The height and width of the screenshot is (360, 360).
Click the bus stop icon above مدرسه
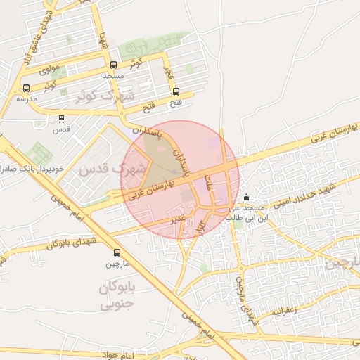click(x=27, y=88)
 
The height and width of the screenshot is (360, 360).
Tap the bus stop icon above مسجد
click(x=114, y=64)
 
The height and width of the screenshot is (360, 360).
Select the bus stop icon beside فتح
click(x=176, y=91)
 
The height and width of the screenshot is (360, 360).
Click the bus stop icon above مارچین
click(x=117, y=253)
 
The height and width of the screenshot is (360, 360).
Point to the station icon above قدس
click(x=61, y=118)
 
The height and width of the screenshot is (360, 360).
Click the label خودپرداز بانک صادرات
click(x=27, y=169)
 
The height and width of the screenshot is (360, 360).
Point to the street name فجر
click(x=167, y=71)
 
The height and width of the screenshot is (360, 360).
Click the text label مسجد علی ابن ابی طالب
click(x=246, y=213)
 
